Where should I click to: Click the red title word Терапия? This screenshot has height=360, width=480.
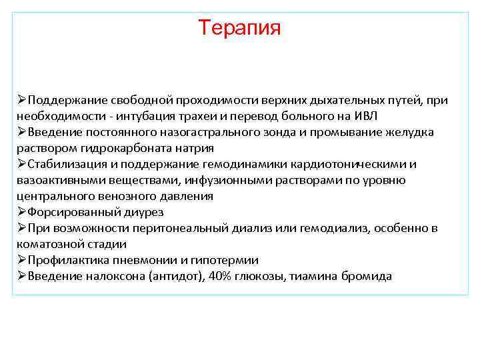[240, 28]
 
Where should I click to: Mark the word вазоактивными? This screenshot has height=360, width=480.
[56, 181]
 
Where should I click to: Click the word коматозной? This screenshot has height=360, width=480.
[45, 245]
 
